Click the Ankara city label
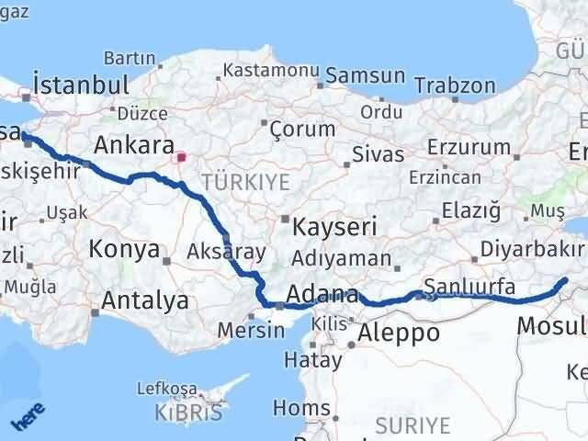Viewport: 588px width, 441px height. (134, 146)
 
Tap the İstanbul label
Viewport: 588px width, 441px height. (81, 85)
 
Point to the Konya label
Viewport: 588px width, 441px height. (124, 249)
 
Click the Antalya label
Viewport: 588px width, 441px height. (145, 300)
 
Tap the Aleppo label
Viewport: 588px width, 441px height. (398, 332)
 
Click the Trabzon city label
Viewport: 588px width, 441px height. (454, 85)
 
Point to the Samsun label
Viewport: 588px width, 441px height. (365, 77)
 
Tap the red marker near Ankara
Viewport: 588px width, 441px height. (181, 157)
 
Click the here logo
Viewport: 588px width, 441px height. (27, 420)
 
